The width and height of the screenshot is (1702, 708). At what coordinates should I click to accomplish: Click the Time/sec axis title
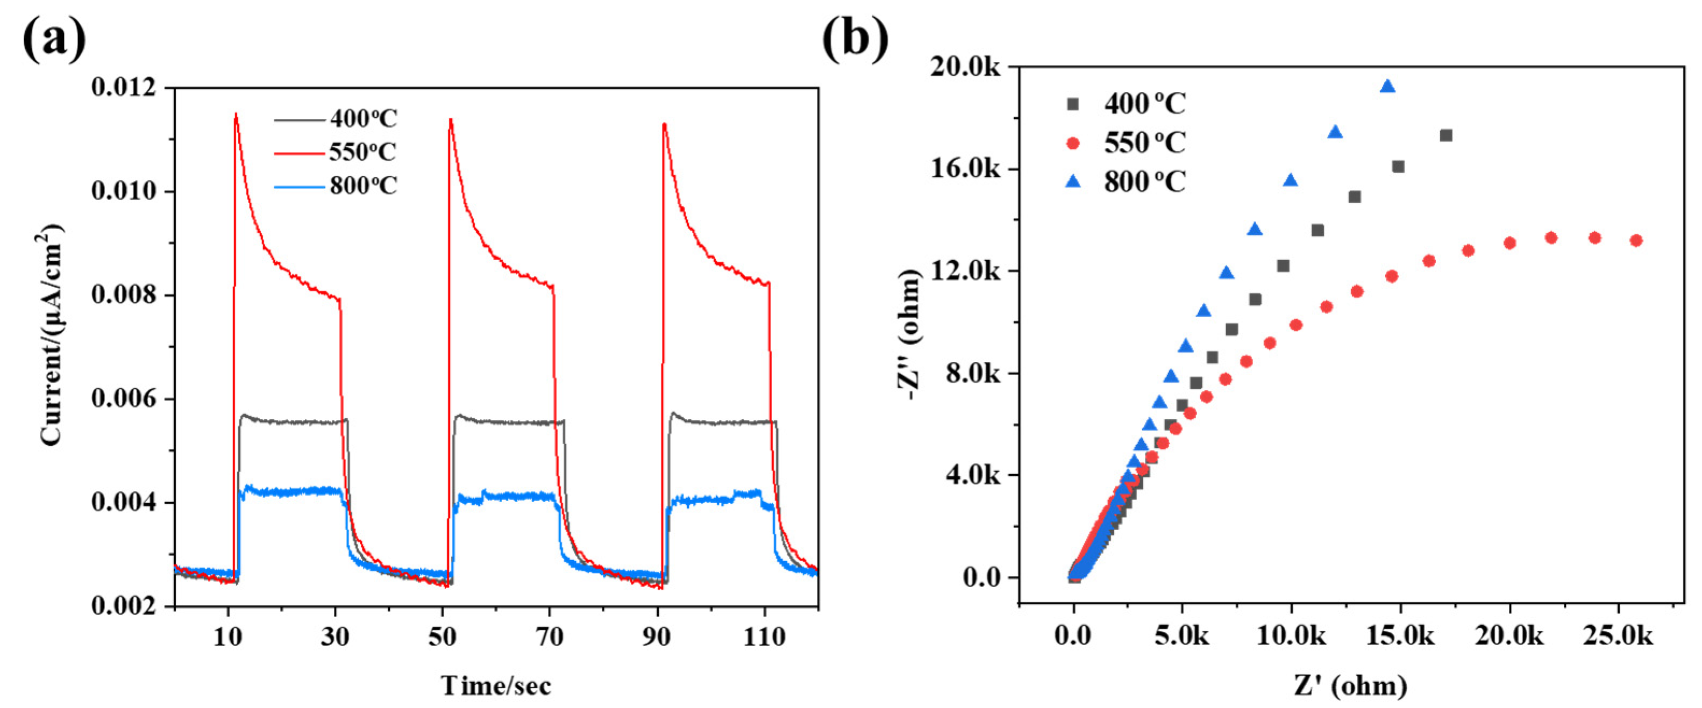(495, 685)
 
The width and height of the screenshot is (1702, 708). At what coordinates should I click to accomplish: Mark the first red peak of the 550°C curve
(236, 115)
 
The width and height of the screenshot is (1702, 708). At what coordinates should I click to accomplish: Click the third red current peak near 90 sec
(664, 124)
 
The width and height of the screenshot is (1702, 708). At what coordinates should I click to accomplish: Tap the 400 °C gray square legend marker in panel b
(1073, 104)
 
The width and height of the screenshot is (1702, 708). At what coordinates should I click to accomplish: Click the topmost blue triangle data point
(1387, 87)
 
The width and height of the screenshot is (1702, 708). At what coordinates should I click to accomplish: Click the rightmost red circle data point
(1636, 240)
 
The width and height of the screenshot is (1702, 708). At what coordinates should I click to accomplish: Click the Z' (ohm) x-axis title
(1350, 685)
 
